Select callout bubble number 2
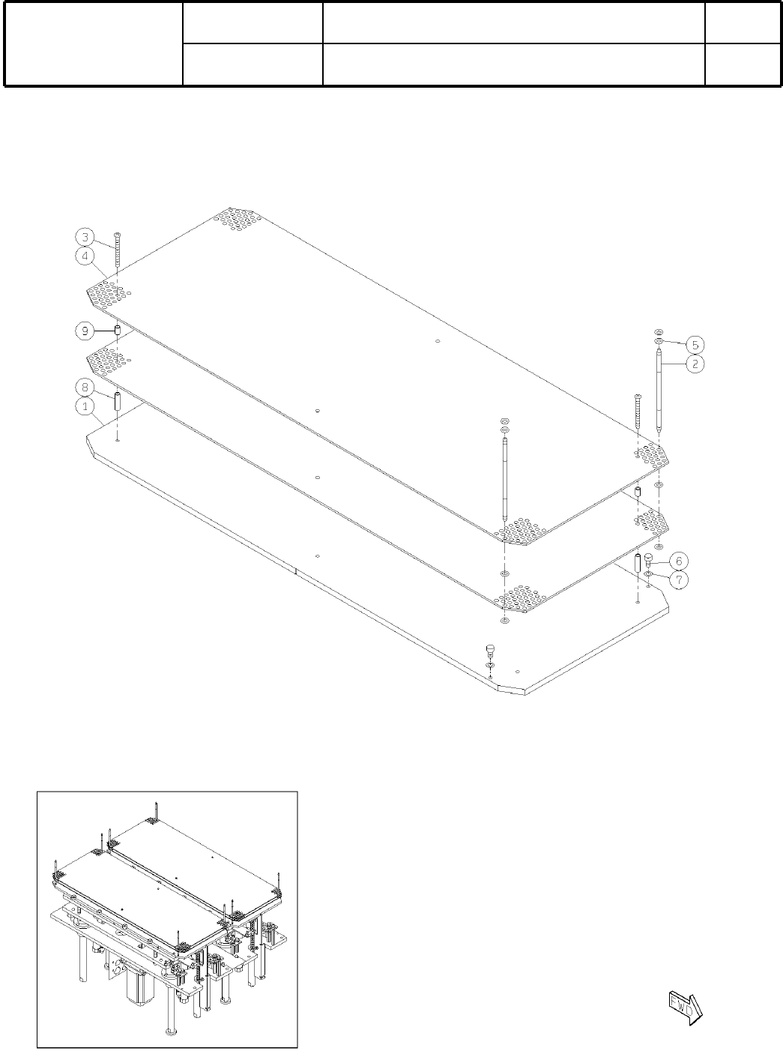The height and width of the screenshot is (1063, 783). (695, 364)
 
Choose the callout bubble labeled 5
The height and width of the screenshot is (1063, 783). (695, 344)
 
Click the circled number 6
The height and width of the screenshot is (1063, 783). (677, 561)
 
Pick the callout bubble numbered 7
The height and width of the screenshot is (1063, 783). (677, 579)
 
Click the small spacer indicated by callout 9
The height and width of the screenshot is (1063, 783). (118, 331)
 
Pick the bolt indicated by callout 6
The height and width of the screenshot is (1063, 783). (648, 562)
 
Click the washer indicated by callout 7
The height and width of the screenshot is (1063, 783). (648, 575)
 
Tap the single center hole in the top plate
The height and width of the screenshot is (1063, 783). (438, 341)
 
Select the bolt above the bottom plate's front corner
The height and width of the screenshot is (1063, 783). (490, 649)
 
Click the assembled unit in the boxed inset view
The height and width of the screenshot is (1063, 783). (167, 918)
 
